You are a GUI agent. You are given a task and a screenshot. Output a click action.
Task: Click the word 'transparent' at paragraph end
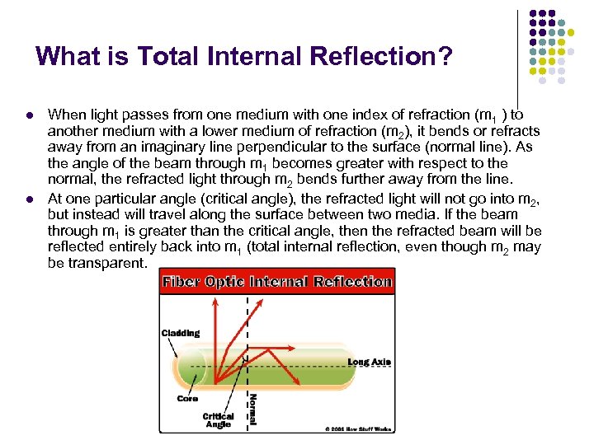tap(107, 263)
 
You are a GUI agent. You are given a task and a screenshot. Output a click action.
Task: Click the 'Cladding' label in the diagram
tap(180, 333)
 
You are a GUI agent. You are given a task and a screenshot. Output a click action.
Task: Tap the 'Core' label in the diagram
tap(187, 399)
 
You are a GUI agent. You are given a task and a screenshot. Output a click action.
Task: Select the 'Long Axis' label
tap(369, 362)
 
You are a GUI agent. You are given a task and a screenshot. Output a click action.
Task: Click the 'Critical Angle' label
tap(218, 420)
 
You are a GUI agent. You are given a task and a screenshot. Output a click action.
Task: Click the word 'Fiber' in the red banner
tap(180, 282)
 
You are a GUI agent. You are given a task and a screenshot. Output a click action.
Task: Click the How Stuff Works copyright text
tap(357, 429)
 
